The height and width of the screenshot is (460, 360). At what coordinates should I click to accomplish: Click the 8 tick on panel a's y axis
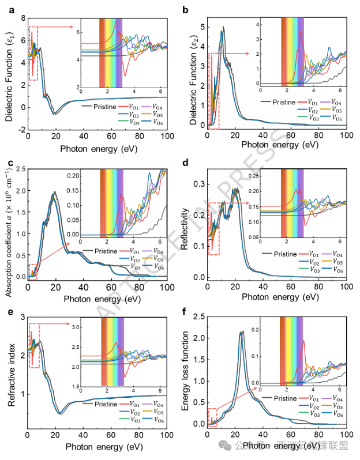22,19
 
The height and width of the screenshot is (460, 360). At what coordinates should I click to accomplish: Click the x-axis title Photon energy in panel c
97,300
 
